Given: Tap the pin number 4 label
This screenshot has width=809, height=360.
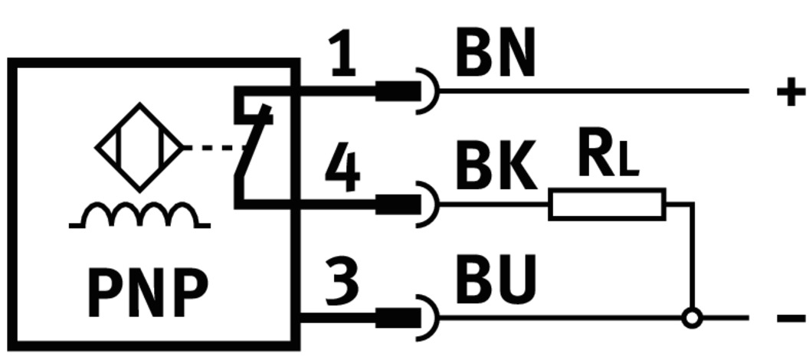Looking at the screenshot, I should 342,170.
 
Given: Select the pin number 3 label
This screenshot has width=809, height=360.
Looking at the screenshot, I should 342,280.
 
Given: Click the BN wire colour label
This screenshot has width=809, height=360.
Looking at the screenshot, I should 495,55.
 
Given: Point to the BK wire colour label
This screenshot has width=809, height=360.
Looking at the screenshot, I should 495,168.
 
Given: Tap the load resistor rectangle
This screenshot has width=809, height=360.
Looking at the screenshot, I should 607,204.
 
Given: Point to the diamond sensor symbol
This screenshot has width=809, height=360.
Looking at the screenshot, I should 139,147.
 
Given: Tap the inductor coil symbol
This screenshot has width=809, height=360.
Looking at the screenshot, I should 139,216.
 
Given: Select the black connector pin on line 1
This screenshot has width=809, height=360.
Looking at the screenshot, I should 398,92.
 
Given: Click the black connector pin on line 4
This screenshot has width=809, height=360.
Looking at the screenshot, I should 398,204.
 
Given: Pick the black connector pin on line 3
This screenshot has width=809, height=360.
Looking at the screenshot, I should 398,317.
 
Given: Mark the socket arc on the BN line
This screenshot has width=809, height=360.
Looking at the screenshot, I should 430,92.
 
